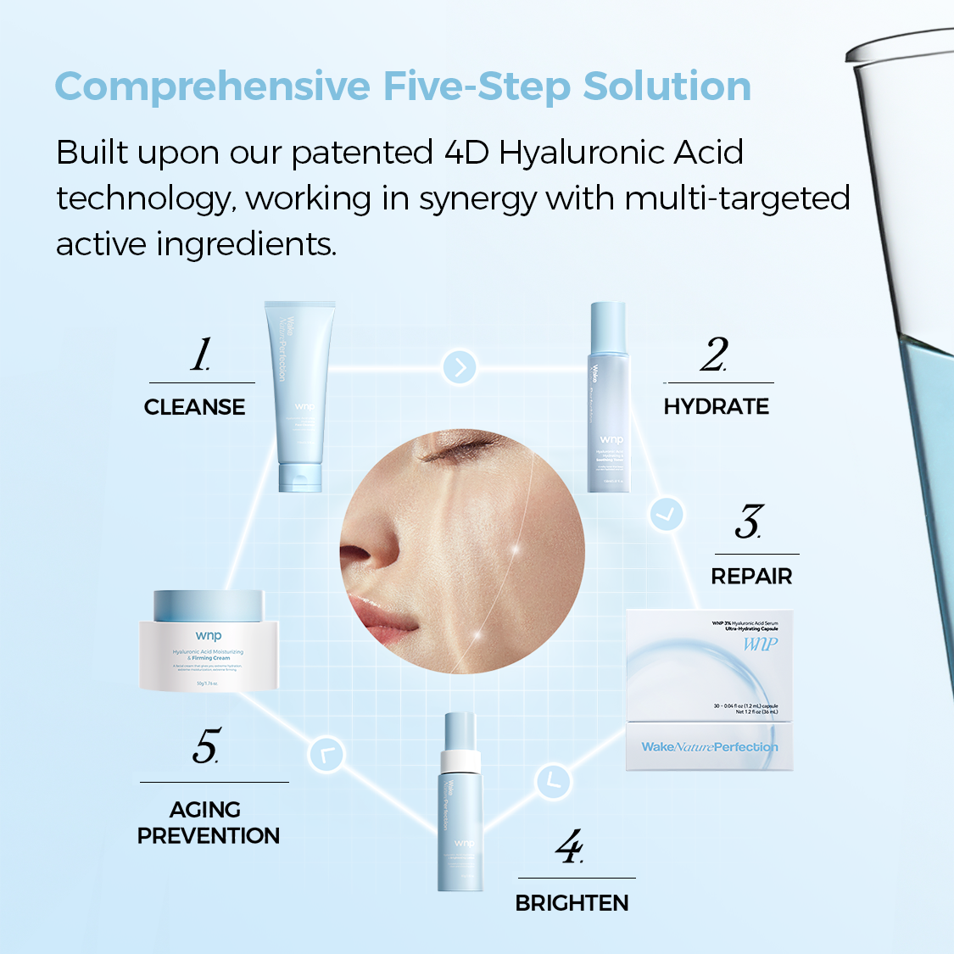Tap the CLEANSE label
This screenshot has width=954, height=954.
click(x=194, y=407)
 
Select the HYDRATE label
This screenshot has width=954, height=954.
click(x=716, y=407)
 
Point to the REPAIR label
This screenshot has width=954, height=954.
click(x=751, y=577)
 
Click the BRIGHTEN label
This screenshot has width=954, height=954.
click(x=572, y=903)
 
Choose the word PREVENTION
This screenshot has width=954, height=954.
click(x=209, y=836)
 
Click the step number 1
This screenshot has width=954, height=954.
click(x=200, y=354)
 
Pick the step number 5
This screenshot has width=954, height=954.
click(x=205, y=746)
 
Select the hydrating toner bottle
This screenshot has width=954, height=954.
click(x=609, y=399)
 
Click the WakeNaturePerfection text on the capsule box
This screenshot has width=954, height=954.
click(x=709, y=747)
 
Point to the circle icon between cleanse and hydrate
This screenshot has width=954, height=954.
click(x=460, y=367)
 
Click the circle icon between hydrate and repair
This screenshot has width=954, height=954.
click(x=667, y=514)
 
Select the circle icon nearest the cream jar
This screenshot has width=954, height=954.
click(x=326, y=754)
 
